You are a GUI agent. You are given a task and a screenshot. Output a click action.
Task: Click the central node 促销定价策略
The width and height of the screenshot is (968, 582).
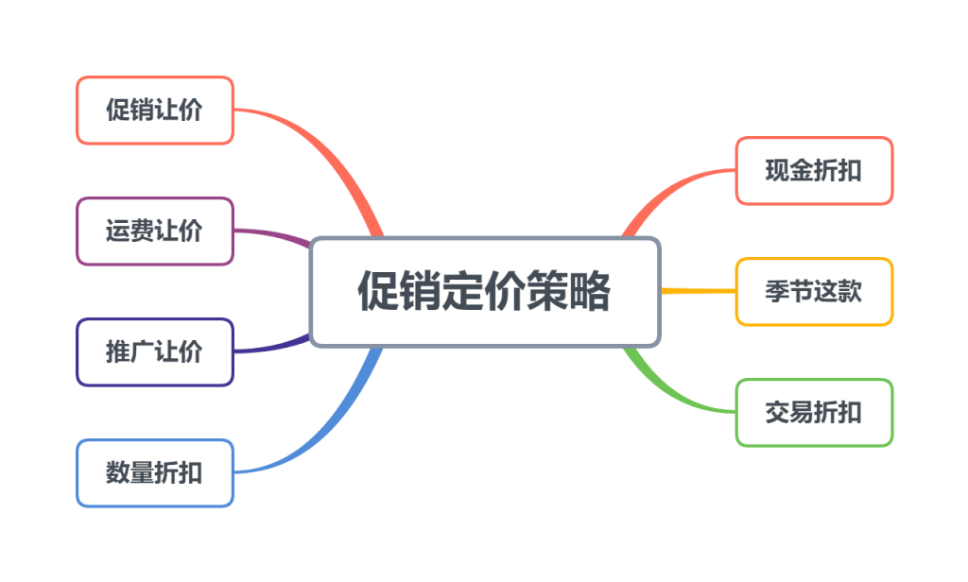[484, 292]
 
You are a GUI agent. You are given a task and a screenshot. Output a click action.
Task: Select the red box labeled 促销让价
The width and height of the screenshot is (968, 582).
[154, 111]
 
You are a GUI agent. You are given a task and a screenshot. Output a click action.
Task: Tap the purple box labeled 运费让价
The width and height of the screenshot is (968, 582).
[154, 231]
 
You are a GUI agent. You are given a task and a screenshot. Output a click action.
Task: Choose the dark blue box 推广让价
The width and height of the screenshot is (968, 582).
[154, 352]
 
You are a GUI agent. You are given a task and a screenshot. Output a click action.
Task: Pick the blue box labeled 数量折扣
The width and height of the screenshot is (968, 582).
[154, 473]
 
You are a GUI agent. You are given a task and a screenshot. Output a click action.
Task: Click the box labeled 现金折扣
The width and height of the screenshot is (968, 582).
[814, 171]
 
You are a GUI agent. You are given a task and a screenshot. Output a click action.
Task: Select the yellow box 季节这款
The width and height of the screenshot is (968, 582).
[814, 292]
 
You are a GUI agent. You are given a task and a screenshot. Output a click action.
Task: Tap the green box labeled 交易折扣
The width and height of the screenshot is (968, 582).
[814, 413]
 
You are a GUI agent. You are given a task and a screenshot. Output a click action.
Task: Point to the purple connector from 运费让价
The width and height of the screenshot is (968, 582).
[274, 234]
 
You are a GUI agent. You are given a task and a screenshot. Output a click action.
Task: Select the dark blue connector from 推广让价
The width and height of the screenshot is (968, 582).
[274, 349]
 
